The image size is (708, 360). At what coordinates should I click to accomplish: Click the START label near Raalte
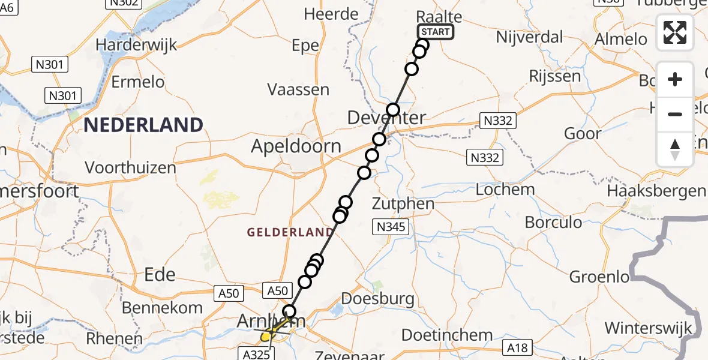click(436, 32)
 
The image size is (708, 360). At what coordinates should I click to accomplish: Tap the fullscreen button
click(675, 32)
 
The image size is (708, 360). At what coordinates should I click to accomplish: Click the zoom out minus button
click(675, 114)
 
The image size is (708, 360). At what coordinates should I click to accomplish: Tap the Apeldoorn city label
click(296, 146)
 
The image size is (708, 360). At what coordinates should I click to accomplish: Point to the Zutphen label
click(403, 203)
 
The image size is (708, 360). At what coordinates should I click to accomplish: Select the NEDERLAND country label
click(143, 125)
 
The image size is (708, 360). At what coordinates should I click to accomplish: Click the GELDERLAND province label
click(290, 232)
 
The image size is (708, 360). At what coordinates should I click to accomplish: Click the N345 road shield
click(393, 227)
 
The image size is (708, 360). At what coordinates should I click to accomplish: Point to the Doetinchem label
click(446, 335)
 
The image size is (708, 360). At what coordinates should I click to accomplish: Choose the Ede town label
click(160, 275)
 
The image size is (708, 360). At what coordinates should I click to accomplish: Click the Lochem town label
click(505, 190)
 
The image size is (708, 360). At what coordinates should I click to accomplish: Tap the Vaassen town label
click(298, 90)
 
